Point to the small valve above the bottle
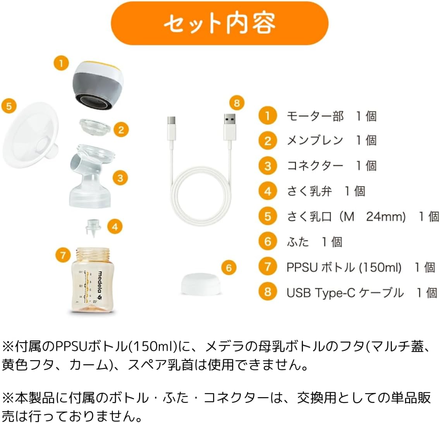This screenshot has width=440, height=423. tap(93, 227)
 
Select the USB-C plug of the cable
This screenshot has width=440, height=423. tap(171, 126)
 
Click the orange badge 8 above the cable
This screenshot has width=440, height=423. tap(237, 103)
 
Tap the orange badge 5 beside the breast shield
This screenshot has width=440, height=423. tap(9, 106)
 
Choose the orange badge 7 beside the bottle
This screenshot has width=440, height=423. tap(63, 255)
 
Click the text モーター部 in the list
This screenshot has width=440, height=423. tap(315, 116)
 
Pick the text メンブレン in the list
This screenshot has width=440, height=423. tap(315, 140)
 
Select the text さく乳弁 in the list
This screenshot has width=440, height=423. tap(309, 191)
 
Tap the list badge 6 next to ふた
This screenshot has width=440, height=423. tap(268, 241)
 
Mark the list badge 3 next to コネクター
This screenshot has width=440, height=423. tap(268, 166)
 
